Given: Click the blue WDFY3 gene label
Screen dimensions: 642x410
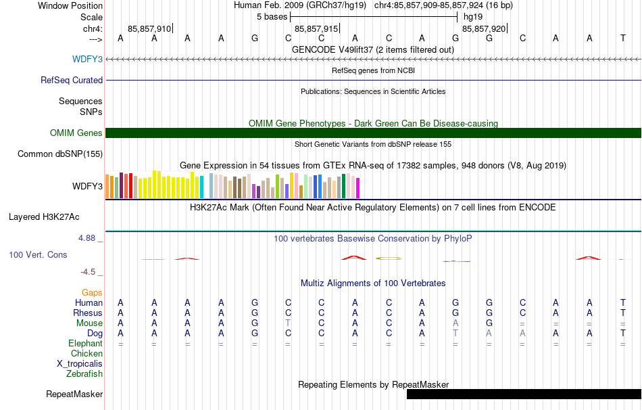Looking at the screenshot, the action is point(87,59).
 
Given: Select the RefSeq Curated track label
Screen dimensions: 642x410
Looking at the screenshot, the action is point(72,80).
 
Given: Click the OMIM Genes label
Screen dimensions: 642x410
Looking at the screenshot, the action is point(76,133).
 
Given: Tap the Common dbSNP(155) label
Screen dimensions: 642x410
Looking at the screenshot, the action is point(60,154).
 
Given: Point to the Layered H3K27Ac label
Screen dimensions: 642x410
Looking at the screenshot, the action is point(44,217).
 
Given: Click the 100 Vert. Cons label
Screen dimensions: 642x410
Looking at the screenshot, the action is point(38,254).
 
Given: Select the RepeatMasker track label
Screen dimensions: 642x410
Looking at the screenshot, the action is point(74,394).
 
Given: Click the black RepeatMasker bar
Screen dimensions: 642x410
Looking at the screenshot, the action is point(524,394).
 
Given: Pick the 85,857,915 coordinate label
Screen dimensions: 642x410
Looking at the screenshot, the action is point(316,28).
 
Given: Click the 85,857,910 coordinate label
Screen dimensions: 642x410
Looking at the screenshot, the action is point(149,28).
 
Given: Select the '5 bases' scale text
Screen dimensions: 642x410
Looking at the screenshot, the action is point(272,17).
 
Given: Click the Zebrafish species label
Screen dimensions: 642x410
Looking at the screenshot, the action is point(84,374).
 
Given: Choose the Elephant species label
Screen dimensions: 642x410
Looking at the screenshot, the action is point(86,343).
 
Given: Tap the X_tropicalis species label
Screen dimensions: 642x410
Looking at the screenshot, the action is point(80,364).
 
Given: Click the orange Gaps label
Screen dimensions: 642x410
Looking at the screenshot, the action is point(92,292).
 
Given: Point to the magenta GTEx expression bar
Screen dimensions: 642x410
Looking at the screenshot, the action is point(358,188).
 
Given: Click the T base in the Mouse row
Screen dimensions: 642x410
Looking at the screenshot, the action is point(289,323).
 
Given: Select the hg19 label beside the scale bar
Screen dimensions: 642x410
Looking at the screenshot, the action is point(473,17).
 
